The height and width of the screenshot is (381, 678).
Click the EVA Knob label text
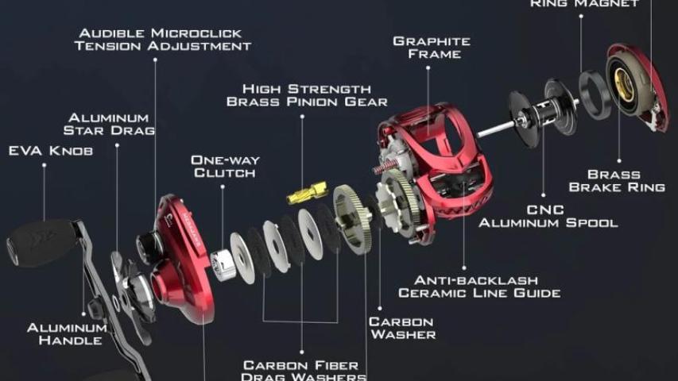tap(51, 151)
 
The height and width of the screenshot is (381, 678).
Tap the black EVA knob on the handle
tap(42, 241)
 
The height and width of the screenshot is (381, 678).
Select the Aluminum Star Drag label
tap(109, 124)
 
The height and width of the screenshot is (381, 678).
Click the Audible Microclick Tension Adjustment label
tap(163, 40)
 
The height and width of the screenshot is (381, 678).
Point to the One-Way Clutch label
tap(225, 167)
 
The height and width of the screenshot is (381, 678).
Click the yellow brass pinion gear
tap(308, 192)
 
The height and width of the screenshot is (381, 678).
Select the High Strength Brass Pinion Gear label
tap(307, 95)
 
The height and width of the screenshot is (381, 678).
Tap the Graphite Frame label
tap(432, 48)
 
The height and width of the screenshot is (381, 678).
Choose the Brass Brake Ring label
tap(617, 180)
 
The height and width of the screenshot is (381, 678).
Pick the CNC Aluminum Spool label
tap(548, 216)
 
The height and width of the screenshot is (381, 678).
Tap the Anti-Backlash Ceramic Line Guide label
tap(479, 287)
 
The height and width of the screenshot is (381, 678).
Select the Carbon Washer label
tap(402, 328)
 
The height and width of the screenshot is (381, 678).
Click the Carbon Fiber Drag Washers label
tap(304, 371)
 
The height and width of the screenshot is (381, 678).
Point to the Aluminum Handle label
tap(68, 334)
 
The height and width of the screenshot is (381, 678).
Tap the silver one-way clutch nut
tap(223, 265)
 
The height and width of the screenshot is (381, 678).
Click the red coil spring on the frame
tap(385, 166)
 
